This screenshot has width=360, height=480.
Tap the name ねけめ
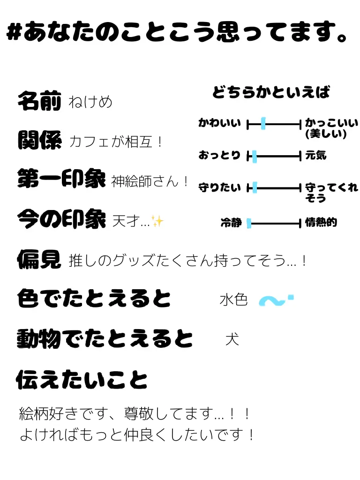pos(90,102)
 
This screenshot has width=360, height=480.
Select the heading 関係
pos(39,140)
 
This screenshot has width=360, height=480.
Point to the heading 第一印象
pos(61,180)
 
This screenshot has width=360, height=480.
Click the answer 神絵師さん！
pos(150,181)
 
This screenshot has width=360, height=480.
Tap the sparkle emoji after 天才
pos(157,221)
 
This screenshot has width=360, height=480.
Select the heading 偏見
pos(39,259)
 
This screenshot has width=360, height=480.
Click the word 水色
pos(233,300)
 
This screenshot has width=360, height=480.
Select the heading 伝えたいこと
pos(82,380)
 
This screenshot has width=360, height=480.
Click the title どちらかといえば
pos(271,92)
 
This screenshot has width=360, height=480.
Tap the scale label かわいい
pos(219,123)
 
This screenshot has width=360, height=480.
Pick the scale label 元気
pos(315,155)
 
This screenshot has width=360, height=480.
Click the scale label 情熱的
pos(321,223)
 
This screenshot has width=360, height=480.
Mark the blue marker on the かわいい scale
pos(263,124)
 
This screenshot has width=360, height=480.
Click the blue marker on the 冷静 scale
pos(249,224)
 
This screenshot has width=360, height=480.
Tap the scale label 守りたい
pos(219,188)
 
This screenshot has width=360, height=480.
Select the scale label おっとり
pos(219,155)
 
